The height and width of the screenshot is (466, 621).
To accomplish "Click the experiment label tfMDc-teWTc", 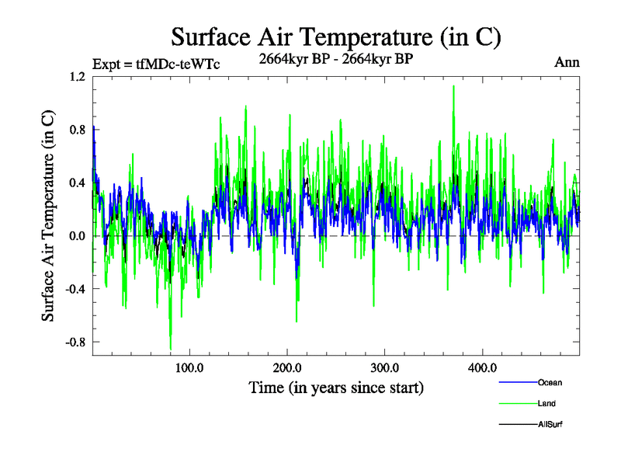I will [x=155, y=64].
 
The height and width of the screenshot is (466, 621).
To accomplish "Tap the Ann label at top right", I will [x=567, y=62].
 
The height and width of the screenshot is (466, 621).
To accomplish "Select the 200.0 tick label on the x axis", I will [x=287, y=367].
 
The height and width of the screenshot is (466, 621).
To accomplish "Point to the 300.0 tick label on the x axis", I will [x=385, y=367].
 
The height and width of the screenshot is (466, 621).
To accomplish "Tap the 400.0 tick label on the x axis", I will [x=483, y=367].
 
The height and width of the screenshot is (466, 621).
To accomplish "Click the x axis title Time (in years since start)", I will [x=336, y=387].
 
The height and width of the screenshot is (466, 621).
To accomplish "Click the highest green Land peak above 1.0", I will [x=453, y=87].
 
